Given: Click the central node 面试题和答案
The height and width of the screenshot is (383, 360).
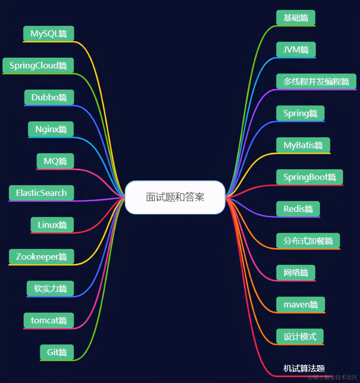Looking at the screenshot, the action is [x=175, y=197].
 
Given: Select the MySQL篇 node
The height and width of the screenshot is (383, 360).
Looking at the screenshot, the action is [x=48, y=33].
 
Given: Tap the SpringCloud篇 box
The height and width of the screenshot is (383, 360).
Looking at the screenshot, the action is [x=38, y=65].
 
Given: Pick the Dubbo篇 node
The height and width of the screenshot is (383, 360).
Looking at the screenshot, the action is [x=49, y=97].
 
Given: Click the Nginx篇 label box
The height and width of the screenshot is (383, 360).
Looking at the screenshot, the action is [x=51, y=129].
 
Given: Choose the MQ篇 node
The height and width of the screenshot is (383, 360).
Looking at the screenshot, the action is [x=55, y=161].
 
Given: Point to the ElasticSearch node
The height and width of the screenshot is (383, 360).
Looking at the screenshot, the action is [x=41, y=193].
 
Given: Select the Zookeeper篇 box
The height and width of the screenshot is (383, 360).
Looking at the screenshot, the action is [x=41, y=257].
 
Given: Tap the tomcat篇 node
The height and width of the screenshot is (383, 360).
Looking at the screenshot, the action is [x=49, y=320].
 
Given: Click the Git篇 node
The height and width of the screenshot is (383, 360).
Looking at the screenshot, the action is [x=57, y=352].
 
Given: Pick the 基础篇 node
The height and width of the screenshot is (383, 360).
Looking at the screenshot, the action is [x=295, y=18].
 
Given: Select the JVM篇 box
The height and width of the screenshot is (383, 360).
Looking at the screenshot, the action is [x=296, y=49].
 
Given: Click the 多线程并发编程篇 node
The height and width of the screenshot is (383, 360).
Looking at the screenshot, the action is [x=316, y=82].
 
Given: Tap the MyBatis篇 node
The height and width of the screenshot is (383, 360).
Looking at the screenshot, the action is [x=303, y=145].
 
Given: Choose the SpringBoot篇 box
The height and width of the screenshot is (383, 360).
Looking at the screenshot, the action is [x=310, y=177].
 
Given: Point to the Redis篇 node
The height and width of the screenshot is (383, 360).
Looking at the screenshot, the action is [x=298, y=209].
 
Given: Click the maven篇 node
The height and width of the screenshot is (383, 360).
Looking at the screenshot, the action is [x=301, y=305].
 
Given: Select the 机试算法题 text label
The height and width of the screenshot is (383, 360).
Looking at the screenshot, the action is [x=304, y=368].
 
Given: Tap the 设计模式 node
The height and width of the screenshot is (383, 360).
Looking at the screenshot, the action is [x=300, y=336].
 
